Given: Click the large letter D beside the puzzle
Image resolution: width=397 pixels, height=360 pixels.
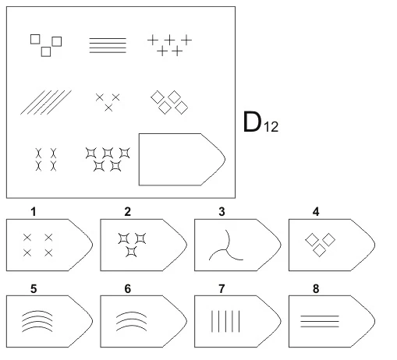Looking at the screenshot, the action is (252, 122).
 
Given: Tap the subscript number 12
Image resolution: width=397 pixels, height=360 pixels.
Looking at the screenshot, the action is (271, 127).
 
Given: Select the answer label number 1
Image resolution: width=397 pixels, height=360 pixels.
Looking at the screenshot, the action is (34, 212).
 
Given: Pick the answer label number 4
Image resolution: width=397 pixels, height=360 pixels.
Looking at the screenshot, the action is (316, 212).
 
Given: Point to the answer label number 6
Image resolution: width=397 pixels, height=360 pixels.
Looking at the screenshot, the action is (128, 288).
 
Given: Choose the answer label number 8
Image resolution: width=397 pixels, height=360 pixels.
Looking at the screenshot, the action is (316, 288).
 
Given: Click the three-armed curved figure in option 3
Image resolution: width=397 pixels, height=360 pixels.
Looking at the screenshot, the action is (225, 249).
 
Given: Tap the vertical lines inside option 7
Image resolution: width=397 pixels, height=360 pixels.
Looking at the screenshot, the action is (225, 321).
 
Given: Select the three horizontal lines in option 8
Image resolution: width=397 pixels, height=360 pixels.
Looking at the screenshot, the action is (320, 321).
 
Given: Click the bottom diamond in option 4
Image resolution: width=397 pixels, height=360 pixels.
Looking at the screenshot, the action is (319, 250).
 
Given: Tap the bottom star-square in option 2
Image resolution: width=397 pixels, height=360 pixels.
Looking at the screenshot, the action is (131, 252).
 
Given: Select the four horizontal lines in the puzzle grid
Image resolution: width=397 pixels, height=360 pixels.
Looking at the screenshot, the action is (108, 45).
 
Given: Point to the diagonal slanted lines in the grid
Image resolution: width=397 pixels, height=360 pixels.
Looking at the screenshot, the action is (46, 102).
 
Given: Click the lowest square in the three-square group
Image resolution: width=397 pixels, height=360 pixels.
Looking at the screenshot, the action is (46, 51).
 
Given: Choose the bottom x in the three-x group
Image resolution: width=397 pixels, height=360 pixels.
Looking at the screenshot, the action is (108, 108).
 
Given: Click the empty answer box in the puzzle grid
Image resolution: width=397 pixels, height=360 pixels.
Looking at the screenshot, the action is (182, 160).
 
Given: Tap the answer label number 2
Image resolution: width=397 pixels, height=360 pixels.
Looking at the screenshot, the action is (127, 212).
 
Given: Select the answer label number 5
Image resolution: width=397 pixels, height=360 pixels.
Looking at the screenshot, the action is (34, 288).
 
